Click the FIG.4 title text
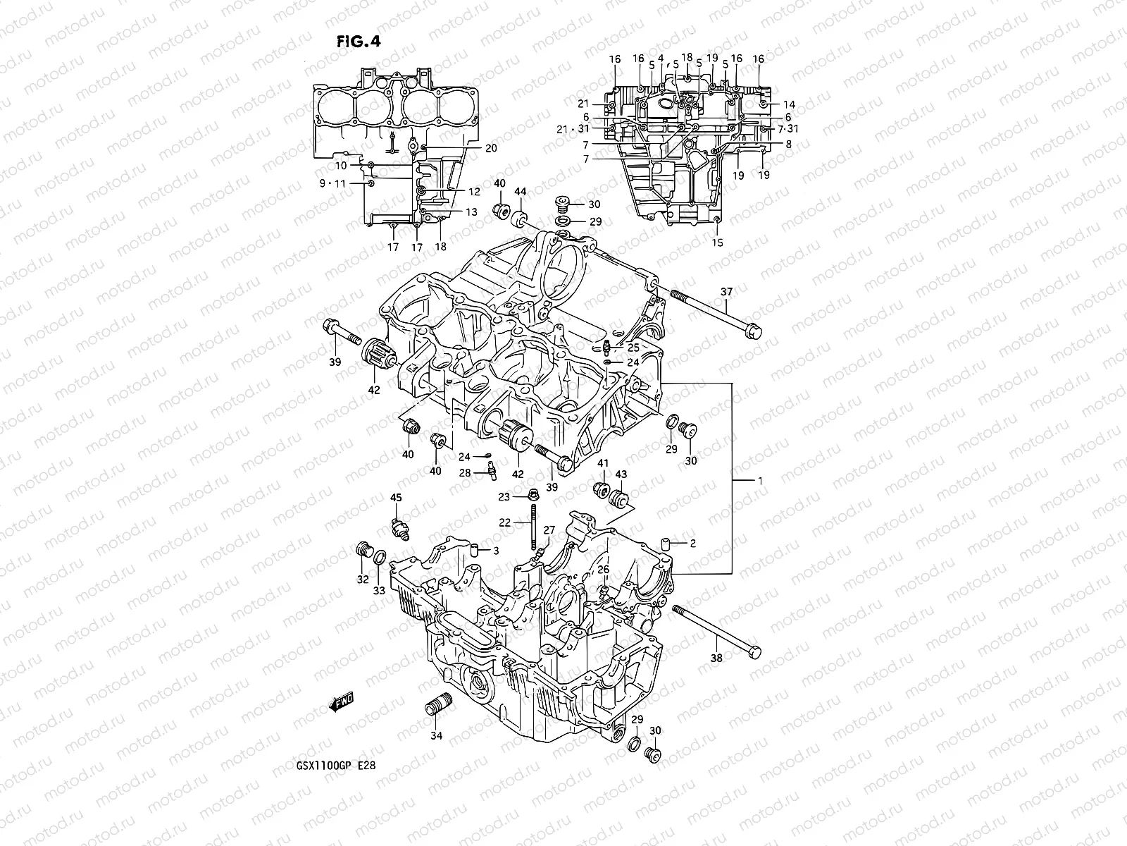coord(359,42)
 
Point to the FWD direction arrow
coord(341,702)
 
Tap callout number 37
coord(726,291)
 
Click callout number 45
coord(396,498)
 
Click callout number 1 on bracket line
coord(760,480)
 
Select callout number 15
coord(717,243)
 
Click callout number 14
coord(789,104)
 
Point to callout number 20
coord(491,148)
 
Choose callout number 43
coord(622,474)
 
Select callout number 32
coord(362,580)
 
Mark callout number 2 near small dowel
coord(692,544)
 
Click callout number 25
coord(633,348)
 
